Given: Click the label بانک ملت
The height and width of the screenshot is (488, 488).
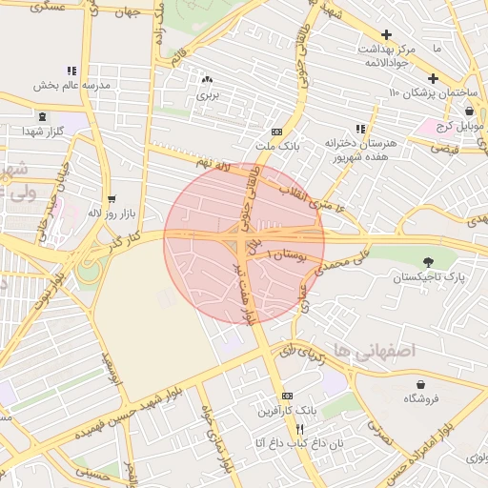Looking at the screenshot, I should point(276,147).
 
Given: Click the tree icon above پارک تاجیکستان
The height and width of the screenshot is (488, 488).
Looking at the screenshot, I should point(428,261).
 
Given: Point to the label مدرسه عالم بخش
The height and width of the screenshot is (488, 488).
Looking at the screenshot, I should point(72,85).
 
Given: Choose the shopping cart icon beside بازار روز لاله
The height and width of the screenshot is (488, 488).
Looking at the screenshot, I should point(112,199).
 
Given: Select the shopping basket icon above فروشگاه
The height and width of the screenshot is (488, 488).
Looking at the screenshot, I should point(420,383).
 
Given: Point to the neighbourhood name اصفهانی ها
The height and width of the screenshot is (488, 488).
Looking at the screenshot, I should point(376,351).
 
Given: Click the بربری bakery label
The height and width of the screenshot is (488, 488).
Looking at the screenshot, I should point(208,95).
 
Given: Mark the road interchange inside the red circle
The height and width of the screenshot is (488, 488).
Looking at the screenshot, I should point(237,234).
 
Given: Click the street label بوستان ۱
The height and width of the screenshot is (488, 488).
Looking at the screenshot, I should point(285,254).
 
